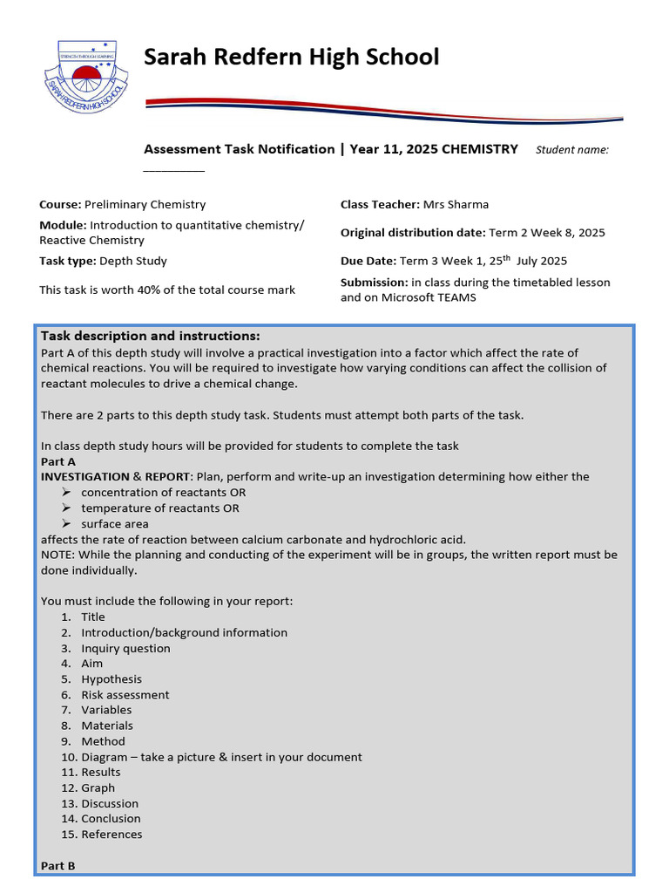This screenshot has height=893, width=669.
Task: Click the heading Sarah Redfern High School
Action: (291, 58)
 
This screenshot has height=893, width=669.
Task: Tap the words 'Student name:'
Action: (571, 150)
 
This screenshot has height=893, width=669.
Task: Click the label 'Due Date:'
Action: (368, 261)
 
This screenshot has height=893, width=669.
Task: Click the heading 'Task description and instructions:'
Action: (151, 337)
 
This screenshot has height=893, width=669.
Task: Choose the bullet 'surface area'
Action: (115, 524)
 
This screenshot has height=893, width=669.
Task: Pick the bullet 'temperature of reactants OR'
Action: (160, 508)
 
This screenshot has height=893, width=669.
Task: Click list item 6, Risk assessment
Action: (125, 695)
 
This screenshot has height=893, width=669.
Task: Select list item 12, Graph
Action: (98, 788)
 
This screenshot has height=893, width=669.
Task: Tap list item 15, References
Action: (111, 835)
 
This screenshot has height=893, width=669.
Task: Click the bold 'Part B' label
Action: (58, 866)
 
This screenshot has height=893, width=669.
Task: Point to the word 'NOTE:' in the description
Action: (59, 555)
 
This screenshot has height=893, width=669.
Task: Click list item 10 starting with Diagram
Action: (221, 757)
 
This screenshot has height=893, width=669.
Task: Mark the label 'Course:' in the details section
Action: (60, 205)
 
